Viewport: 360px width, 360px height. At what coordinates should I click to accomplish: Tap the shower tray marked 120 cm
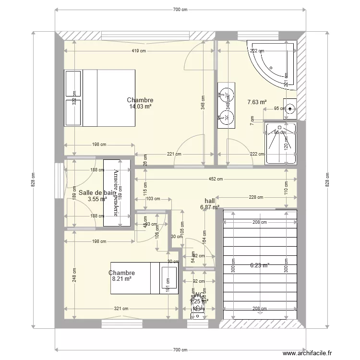pos(280,143)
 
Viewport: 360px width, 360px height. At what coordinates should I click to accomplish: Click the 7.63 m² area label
pos(257,102)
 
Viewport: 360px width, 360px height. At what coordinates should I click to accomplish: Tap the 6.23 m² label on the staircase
pos(260,264)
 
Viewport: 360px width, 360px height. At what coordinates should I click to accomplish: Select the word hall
pos(210,201)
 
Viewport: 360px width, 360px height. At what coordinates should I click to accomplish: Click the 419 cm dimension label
pos(139,51)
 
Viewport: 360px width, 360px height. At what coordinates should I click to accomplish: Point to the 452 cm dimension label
pos(216,180)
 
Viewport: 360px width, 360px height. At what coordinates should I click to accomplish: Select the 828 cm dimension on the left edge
pos(33,180)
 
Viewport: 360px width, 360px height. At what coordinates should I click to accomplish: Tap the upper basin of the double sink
pos(225,96)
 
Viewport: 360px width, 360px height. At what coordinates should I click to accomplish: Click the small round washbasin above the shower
pos(289,108)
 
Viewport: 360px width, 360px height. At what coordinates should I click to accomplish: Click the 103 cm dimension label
pos(153,199)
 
